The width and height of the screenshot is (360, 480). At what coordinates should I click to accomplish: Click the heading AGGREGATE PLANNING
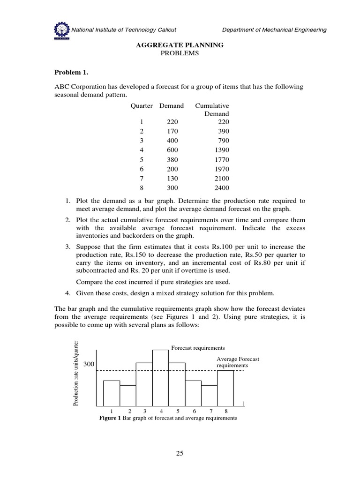tap(180, 45)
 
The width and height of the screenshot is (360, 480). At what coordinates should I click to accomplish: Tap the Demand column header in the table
tap(172, 106)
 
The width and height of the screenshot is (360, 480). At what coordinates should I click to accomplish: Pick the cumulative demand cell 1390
tap(219, 150)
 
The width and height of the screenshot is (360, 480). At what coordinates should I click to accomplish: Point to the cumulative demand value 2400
tap(219, 188)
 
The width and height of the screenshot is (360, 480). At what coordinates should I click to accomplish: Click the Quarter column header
tap(142, 106)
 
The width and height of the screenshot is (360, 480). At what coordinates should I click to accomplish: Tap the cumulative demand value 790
tap(222, 140)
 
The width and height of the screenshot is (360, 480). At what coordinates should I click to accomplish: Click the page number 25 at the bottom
tap(180, 453)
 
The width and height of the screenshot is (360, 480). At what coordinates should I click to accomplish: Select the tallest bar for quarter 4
tap(160, 377)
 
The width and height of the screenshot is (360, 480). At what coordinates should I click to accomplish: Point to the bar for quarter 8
tap(225, 388)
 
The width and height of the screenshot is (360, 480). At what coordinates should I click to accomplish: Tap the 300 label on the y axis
tap(90, 364)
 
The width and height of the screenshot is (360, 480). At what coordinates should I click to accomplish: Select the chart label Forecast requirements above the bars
tap(198, 348)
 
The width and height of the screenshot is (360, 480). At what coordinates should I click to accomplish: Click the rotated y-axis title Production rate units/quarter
tap(75, 374)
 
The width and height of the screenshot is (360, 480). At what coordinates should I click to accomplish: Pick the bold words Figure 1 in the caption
tap(110, 418)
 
